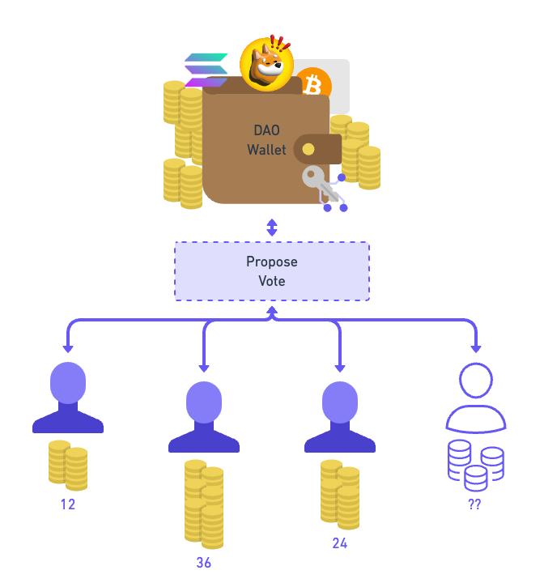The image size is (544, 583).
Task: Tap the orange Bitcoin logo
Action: coord(312,85)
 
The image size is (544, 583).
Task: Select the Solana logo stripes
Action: coord(206,70)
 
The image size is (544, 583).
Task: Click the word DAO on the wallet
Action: coord(266,130)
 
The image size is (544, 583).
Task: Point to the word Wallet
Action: coord(266,150)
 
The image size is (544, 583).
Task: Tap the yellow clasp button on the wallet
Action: coord(308,150)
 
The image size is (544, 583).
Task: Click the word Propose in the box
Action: coord(272,262)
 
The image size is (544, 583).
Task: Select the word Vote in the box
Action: coord(272,281)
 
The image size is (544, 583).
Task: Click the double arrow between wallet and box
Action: coord(272,228)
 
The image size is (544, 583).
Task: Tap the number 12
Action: coord(68,504)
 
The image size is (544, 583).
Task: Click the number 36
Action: coord(204,563)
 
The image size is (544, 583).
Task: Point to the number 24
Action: coord(340,543)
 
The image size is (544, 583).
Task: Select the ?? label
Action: coord(475,504)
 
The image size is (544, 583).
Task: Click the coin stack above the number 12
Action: coord(68,465)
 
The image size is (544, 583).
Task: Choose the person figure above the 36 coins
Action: coord(204,417)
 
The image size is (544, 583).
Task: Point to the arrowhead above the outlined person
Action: coord(476,348)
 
